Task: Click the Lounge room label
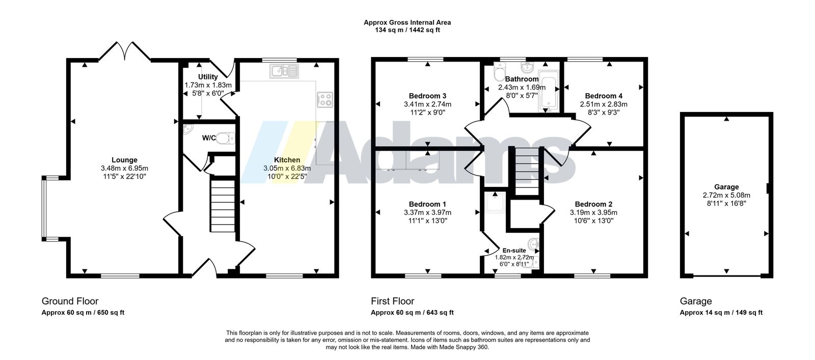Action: click(x=124, y=160)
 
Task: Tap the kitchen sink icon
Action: click(x=284, y=71)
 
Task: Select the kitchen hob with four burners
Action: click(x=325, y=100)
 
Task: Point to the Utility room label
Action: click(x=208, y=77)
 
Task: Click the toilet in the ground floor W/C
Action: click(x=226, y=138)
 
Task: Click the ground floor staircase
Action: click(x=223, y=204)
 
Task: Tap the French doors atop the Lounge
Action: click(x=125, y=51)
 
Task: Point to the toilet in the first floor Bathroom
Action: click(x=499, y=72)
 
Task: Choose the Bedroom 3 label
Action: click(x=427, y=96)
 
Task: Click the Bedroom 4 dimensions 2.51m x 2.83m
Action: click(x=604, y=104)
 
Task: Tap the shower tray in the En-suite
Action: click(x=495, y=203)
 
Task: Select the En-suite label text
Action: click(x=514, y=250)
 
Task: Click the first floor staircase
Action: click(x=527, y=171)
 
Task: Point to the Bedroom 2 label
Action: click(x=593, y=204)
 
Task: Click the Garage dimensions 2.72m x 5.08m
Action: click(x=726, y=195)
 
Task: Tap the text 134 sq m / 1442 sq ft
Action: click(x=407, y=30)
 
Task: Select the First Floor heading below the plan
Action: click(x=393, y=301)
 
